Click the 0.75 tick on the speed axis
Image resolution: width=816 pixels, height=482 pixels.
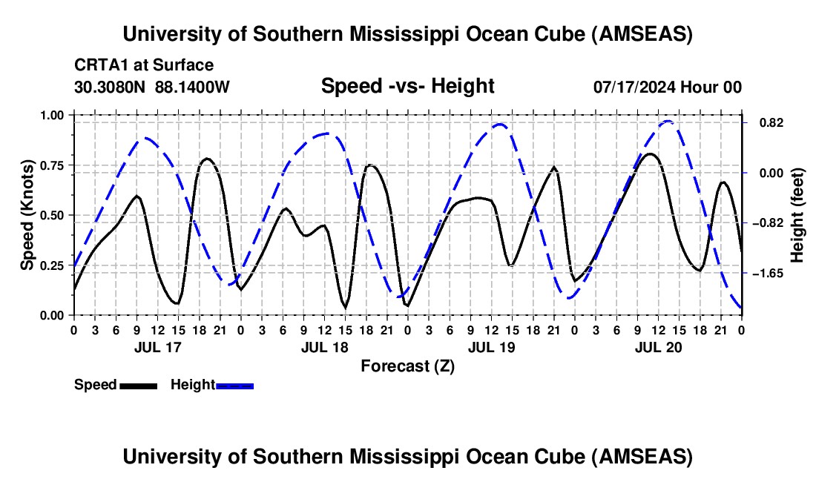click(x=53, y=165)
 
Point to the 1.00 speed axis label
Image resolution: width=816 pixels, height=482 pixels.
click(x=53, y=115)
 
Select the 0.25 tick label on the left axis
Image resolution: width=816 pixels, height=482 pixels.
click(x=53, y=265)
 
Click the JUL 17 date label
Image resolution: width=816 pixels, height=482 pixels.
click(x=157, y=347)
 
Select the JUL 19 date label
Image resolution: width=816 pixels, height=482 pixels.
click(x=490, y=347)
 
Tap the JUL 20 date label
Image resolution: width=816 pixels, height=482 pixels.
click(x=658, y=347)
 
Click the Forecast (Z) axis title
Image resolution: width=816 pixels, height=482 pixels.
click(x=407, y=366)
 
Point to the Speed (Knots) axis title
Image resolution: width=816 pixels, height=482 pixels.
click(x=27, y=215)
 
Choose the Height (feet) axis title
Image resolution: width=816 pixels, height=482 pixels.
click(x=797, y=215)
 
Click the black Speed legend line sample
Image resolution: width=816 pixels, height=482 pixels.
click(x=139, y=385)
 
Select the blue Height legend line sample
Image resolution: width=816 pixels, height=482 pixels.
click(x=235, y=385)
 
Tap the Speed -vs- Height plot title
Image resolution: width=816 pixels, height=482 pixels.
click(x=407, y=86)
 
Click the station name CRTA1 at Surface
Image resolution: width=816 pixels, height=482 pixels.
click(x=144, y=66)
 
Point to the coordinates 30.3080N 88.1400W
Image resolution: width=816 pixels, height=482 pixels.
click(x=152, y=87)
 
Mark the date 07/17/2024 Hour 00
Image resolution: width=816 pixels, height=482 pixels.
click(x=667, y=87)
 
